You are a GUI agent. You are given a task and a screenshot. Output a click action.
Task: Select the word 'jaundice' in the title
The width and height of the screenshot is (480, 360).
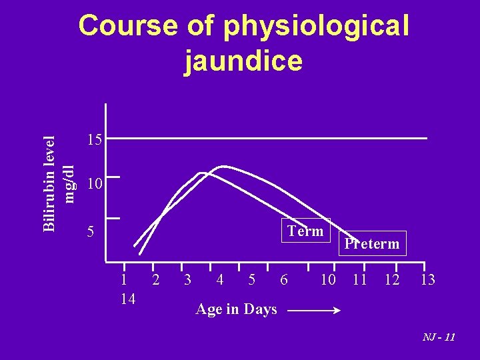click(x=244, y=61)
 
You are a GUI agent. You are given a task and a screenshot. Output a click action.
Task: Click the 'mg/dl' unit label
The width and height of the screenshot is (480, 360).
click(x=67, y=179)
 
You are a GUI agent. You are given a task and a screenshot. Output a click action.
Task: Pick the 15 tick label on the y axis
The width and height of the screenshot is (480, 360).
click(x=94, y=140)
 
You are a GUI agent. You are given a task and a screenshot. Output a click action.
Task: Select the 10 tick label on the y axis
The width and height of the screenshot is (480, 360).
click(x=94, y=184)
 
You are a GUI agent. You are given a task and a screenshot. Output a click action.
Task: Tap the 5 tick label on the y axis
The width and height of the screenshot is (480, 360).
click(x=92, y=233)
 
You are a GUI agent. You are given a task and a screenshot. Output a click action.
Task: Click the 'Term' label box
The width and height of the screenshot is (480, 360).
click(x=305, y=231)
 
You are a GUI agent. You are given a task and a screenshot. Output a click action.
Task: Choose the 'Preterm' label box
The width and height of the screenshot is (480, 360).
click(x=372, y=243)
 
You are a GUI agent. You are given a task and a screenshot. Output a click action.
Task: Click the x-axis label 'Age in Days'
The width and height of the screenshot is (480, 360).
click(x=236, y=309)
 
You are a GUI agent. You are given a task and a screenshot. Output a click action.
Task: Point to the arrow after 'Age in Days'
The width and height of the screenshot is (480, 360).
click(x=315, y=310)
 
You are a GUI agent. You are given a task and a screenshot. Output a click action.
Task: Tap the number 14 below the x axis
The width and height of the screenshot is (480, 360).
click(x=128, y=299)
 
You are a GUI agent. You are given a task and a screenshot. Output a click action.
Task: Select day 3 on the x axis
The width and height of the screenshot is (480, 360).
click(x=187, y=280)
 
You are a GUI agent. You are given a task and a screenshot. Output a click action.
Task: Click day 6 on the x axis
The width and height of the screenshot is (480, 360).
click(x=283, y=280)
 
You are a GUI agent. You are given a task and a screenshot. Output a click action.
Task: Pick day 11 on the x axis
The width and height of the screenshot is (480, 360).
click(x=360, y=280)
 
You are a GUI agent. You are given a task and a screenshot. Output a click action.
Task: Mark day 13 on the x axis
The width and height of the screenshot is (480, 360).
click(x=427, y=280)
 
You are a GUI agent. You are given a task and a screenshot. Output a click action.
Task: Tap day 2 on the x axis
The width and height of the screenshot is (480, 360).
click(x=155, y=280)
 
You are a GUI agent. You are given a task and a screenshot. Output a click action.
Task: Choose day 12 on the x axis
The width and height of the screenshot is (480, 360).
click(x=392, y=280)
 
